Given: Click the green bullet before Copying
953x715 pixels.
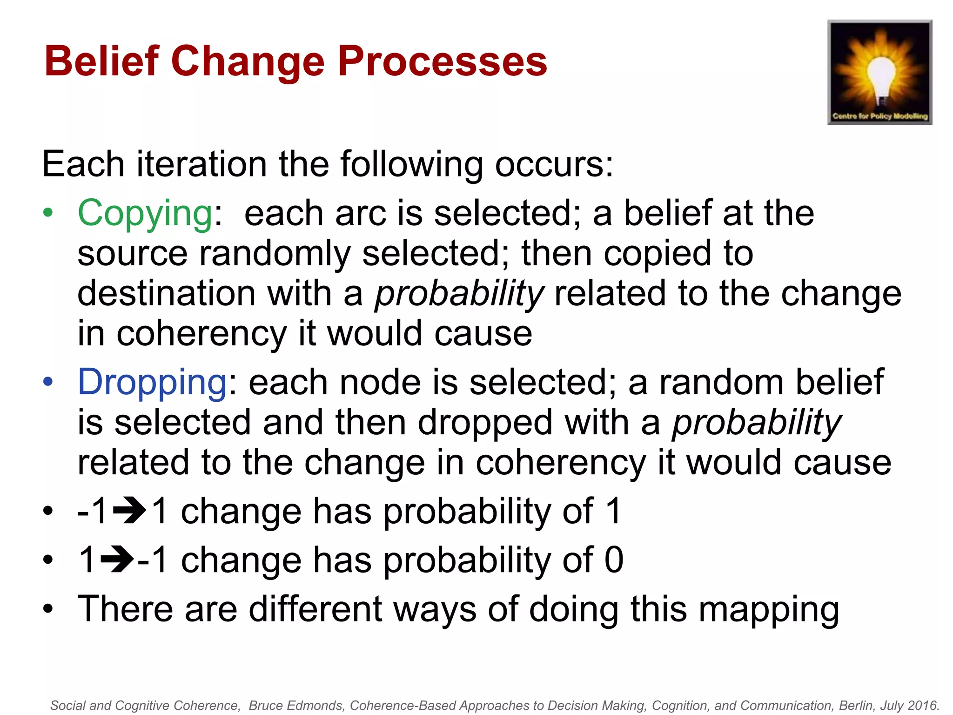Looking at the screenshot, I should click(x=48, y=213).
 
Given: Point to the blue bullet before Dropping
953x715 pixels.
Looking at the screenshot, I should click(x=48, y=382).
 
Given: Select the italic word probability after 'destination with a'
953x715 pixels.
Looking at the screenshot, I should click(x=459, y=294).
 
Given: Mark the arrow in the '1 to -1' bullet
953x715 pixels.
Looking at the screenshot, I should click(x=117, y=560).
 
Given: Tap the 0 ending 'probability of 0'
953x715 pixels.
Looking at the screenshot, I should click(x=614, y=560).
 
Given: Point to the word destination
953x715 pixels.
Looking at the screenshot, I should click(x=167, y=294).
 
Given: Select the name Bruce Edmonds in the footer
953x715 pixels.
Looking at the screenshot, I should click(x=296, y=706).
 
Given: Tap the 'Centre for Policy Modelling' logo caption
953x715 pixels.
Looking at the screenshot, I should click(x=880, y=116).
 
